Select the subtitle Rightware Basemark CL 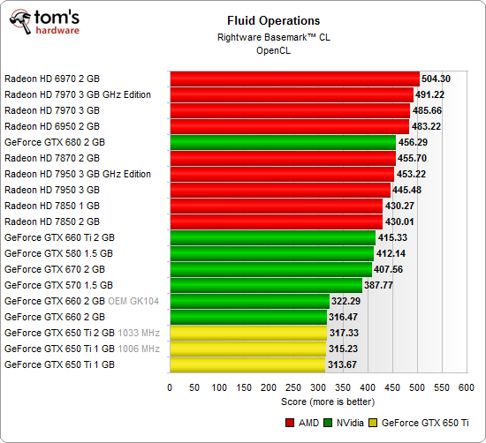(269, 36)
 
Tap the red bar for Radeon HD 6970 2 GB (293, 79)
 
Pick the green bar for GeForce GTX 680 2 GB (282, 142)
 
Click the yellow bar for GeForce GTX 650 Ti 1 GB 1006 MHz (247, 349)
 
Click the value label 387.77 (383, 285)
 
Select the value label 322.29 (348, 301)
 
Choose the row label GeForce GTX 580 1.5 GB (58, 253)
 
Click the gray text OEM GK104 (133, 301)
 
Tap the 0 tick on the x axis (170, 387)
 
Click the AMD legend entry (301, 424)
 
